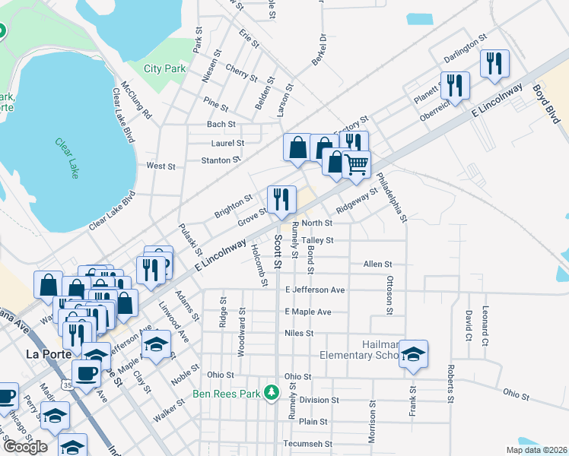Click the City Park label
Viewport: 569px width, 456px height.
pos(165,68)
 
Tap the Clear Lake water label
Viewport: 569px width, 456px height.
pos(67,158)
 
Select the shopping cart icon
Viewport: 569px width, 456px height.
pos(356,163)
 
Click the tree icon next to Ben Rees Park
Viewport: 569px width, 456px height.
pos(269,393)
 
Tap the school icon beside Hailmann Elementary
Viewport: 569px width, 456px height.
pos(413,353)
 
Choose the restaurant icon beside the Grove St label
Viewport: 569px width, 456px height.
pos(281,199)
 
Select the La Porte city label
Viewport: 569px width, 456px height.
pos(49,353)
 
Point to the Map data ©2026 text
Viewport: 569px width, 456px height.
pos(536,450)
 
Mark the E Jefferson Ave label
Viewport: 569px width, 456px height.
pos(315,290)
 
